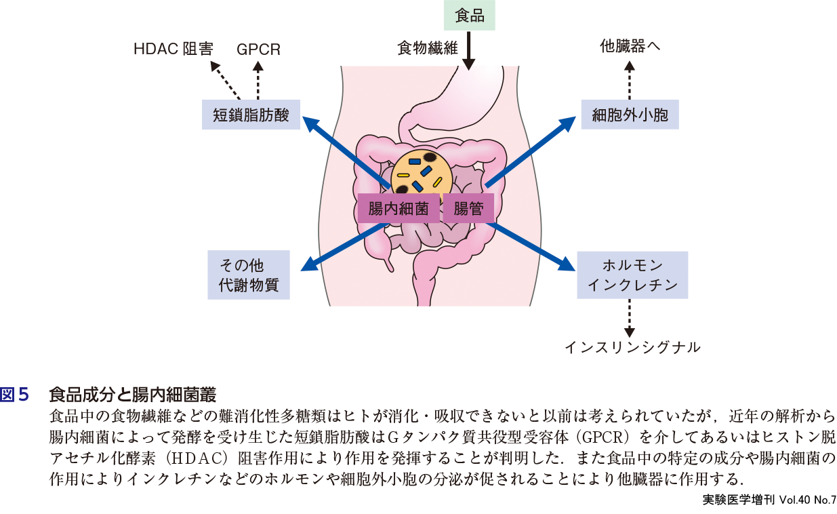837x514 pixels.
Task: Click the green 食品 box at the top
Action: [x=470, y=15]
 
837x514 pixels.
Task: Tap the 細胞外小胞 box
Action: [x=630, y=115]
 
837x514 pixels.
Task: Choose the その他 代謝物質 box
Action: [x=248, y=275]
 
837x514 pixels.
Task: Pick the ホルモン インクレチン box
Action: [x=632, y=275]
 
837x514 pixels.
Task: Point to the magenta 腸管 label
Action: [x=468, y=209]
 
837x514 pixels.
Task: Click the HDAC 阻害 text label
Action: [x=173, y=50]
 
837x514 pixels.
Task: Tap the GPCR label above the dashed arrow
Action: [x=258, y=50]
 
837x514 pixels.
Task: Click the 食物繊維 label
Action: [x=428, y=48]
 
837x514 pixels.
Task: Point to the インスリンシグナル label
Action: [x=632, y=347]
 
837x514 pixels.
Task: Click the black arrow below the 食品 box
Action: [x=469, y=52]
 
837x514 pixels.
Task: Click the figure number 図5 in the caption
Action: [x=15, y=394]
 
